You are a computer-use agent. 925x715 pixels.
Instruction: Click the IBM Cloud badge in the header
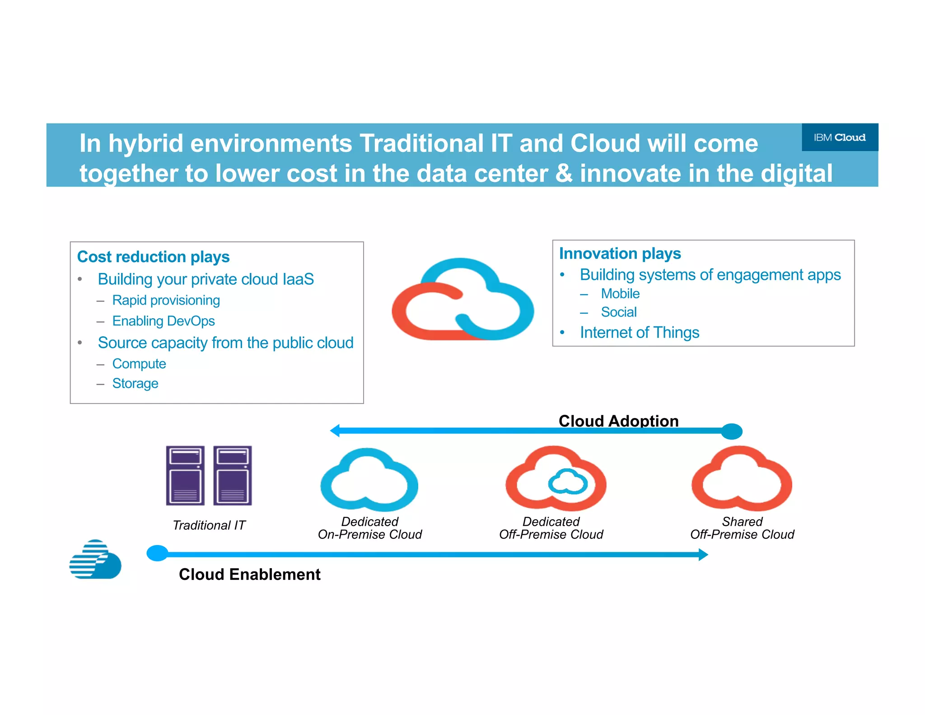coord(839,137)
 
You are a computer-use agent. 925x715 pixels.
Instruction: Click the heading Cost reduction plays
coord(153,257)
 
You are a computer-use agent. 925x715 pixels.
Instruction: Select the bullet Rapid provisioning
coord(166,300)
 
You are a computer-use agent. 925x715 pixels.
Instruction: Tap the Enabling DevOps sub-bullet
coord(163,321)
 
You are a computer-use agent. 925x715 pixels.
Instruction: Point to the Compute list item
coord(139,364)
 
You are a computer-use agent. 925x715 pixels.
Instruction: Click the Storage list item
coord(135,383)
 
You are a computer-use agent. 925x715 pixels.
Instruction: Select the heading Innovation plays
coord(620,254)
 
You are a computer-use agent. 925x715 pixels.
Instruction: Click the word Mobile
coord(620,294)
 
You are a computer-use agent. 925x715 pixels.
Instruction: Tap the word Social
coord(618,312)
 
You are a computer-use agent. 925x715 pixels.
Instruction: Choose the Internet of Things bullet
coord(639,333)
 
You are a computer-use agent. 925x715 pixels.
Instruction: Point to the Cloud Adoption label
coord(618,421)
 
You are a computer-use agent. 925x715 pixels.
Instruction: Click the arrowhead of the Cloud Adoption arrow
coord(335,431)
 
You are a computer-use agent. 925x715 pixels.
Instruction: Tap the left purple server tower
coord(185,475)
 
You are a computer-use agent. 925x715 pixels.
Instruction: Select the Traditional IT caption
coord(209,525)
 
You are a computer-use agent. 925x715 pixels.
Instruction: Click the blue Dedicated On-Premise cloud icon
coord(369,480)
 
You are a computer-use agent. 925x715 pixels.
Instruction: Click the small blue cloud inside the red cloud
coord(568,482)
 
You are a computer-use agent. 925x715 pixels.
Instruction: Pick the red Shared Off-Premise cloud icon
coord(741,479)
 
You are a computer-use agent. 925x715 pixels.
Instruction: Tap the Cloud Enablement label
coord(249,574)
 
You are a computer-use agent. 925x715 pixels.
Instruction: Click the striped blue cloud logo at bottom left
coord(95,560)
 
